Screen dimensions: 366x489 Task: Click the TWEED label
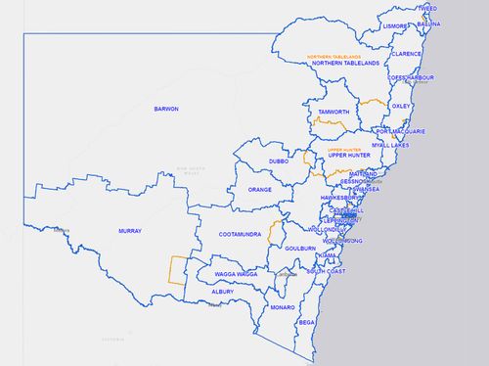tap(427, 8)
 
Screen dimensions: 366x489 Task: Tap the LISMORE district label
tap(396, 27)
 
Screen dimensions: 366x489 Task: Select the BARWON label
tap(166, 109)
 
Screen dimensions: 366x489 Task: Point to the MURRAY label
tap(130, 231)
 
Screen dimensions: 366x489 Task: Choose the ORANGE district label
tap(259, 190)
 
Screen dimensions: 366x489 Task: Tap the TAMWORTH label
tap(333, 113)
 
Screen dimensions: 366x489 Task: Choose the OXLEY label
tap(401, 105)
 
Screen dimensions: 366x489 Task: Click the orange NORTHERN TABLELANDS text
tap(333, 57)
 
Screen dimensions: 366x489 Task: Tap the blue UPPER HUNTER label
tap(348, 156)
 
